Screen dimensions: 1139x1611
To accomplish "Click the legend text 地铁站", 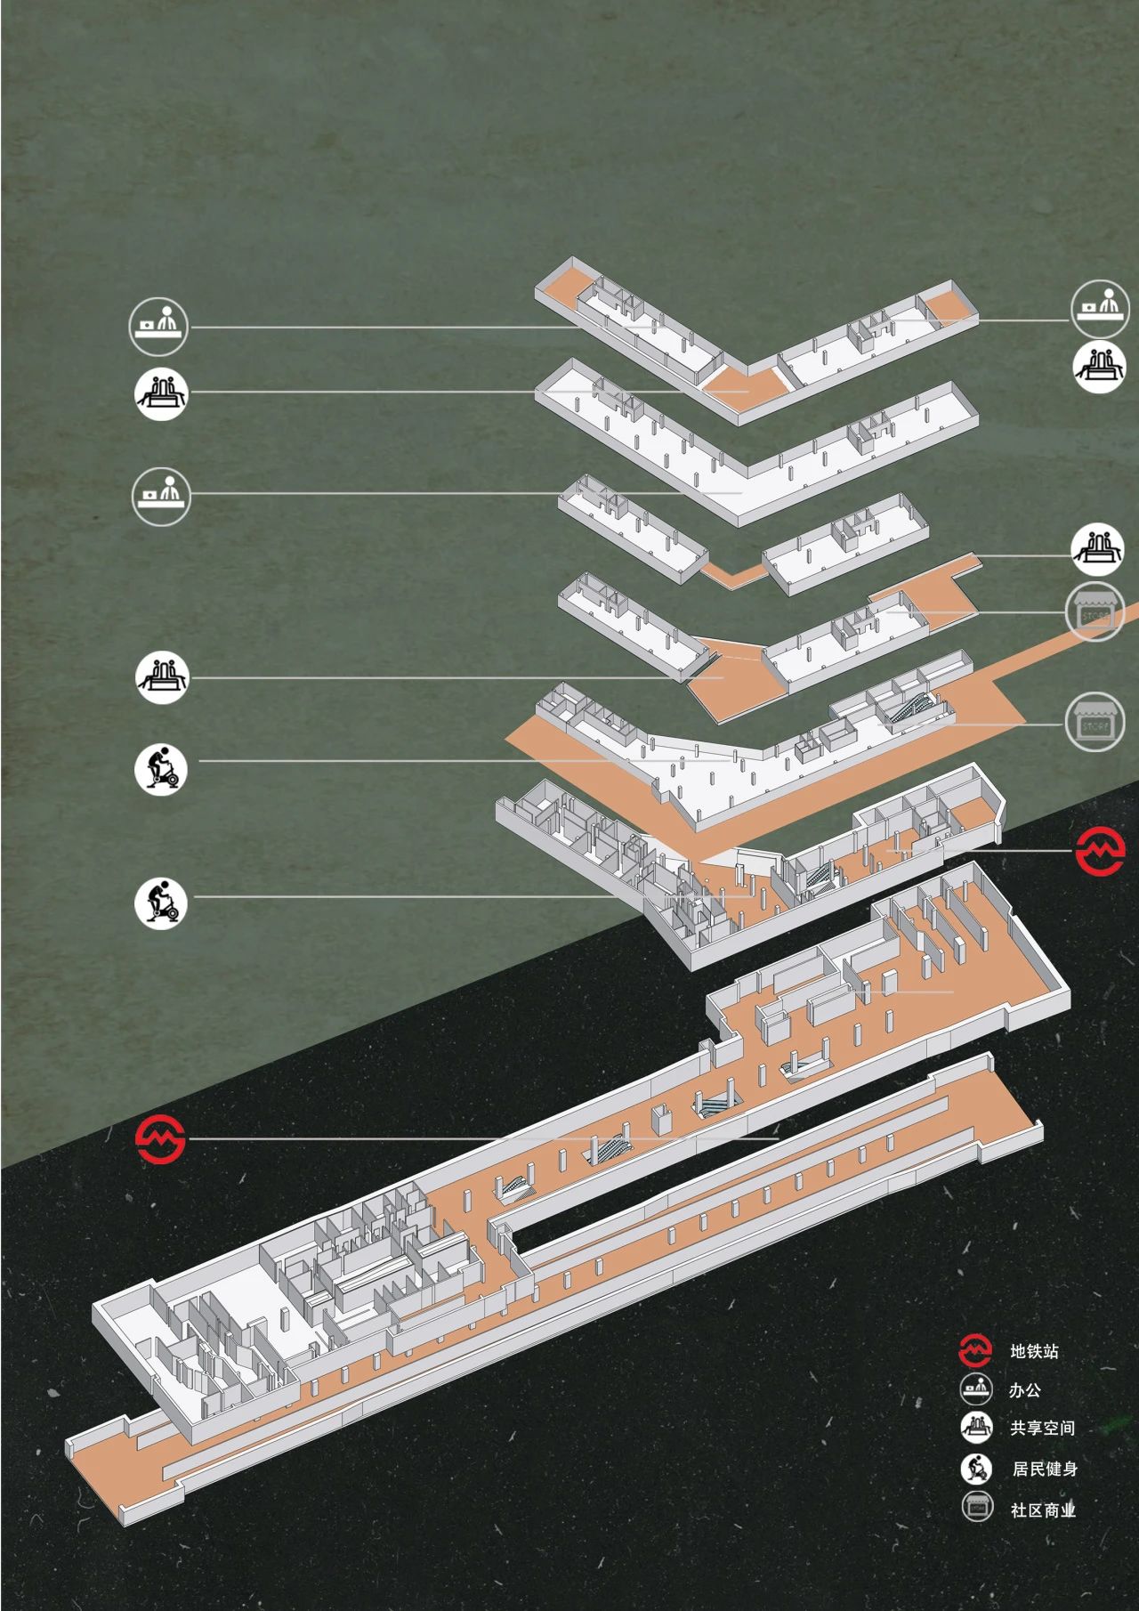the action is [1034, 1351].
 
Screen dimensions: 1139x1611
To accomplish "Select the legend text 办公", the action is [1025, 1389].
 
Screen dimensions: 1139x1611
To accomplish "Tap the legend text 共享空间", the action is [1042, 1428].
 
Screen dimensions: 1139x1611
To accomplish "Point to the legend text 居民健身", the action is [1045, 1469].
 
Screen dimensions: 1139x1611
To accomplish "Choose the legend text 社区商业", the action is [1043, 1510].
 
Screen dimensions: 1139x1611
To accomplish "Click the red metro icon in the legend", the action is [975, 1350].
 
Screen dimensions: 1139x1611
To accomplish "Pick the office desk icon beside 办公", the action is [976, 1388].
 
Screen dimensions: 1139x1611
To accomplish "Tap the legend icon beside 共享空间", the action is [976, 1427].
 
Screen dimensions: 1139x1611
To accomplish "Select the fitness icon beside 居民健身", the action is [976, 1468].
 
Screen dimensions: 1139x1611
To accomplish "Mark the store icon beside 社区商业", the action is [977, 1507].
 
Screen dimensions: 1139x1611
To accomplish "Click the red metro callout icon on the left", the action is [160, 1138].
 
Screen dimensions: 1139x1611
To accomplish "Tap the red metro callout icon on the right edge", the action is [1100, 851].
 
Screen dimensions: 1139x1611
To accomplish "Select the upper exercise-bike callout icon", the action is [161, 768].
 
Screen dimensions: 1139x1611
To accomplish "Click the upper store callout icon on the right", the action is [1095, 612].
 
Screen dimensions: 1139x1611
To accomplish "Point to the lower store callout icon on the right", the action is [1095, 722].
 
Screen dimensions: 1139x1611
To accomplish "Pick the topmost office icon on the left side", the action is [159, 326].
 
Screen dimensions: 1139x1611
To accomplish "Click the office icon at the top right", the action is [1100, 308].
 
